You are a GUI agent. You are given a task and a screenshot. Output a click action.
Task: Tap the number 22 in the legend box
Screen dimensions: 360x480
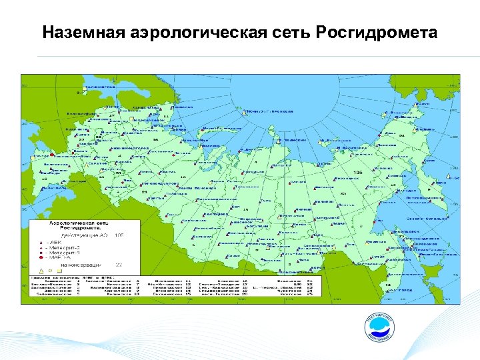[x=119, y=265]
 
